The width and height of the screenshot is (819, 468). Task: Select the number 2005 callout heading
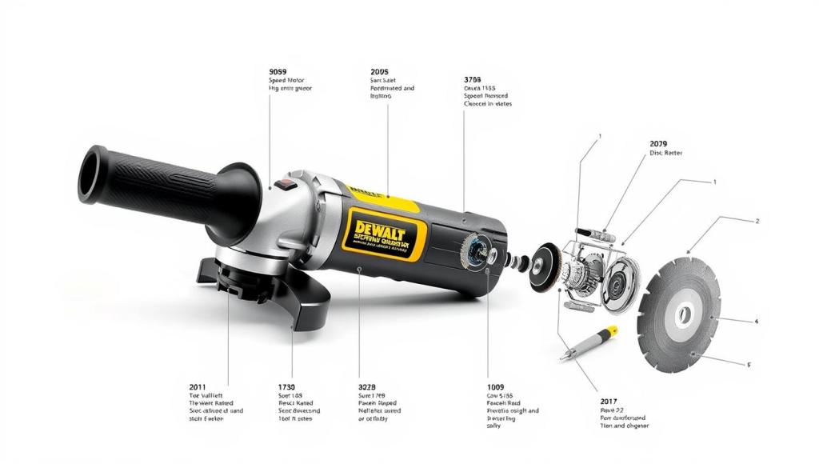pyautogui.click(x=380, y=71)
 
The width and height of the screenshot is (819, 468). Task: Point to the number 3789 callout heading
pyautogui.click(x=473, y=80)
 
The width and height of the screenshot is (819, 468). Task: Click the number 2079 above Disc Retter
pyautogui.click(x=661, y=143)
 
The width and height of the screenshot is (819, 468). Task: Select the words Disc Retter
pyautogui.click(x=667, y=153)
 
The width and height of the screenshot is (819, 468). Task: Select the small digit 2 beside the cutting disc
pyautogui.click(x=757, y=222)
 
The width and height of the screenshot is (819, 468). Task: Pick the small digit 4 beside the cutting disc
pyautogui.click(x=756, y=322)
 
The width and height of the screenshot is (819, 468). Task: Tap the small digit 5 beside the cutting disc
pyautogui.click(x=749, y=365)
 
